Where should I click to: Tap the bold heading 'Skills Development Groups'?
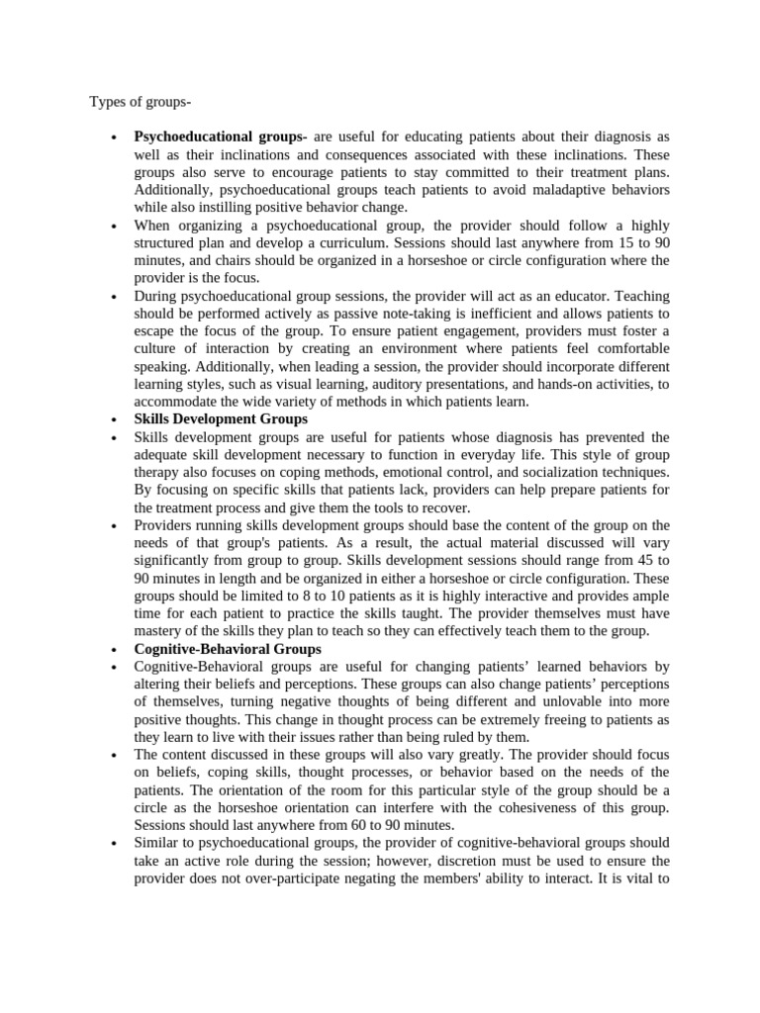point(221,419)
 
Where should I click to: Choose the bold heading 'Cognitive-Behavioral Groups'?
point(228,649)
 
